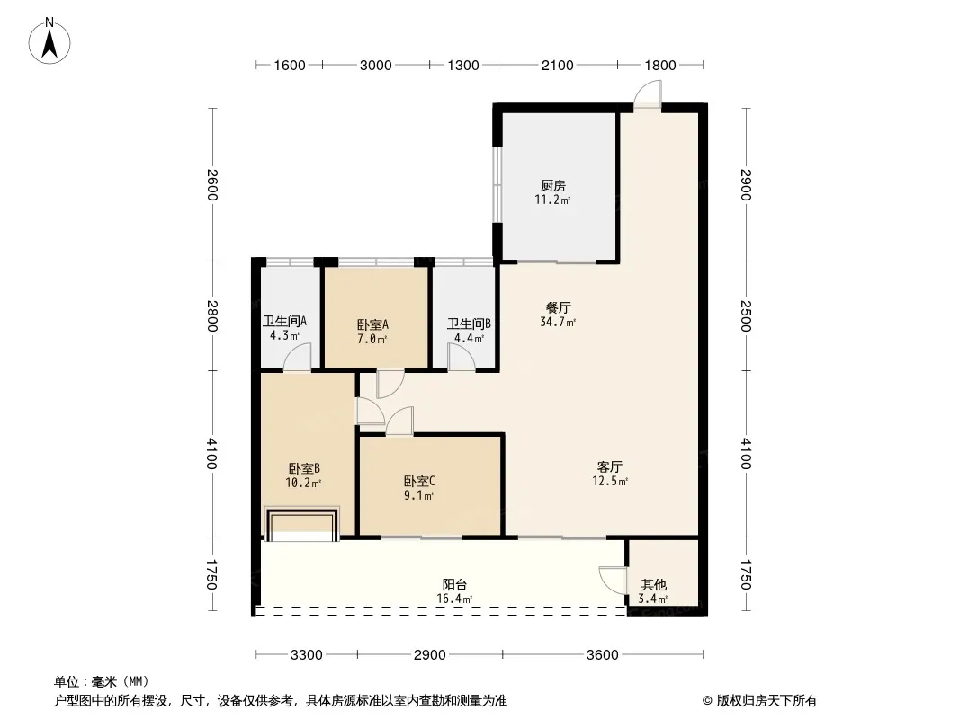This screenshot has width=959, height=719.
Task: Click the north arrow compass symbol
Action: click(x=49, y=41)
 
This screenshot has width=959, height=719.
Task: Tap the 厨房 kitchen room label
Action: click(x=553, y=185)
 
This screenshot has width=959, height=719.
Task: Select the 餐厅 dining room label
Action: click(x=558, y=307)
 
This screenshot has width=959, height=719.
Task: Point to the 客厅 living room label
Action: click(x=610, y=466)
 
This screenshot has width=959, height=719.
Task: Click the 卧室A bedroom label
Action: click(x=372, y=324)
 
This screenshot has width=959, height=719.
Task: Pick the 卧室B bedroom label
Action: click(x=304, y=468)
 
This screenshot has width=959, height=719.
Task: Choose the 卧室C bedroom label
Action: click(x=419, y=481)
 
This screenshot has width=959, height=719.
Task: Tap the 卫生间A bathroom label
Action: click(x=284, y=321)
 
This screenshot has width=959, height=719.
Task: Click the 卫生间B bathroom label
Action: click(x=469, y=324)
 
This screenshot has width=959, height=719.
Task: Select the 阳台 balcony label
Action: click(x=454, y=584)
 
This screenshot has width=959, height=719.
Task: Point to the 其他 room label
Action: click(x=653, y=584)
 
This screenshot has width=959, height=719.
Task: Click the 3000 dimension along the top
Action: click(x=375, y=66)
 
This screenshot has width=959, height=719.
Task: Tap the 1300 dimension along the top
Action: click(x=463, y=66)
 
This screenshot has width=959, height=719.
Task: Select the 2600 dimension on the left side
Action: click(x=212, y=184)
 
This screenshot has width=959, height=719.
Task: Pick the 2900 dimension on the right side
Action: click(x=746, y=184)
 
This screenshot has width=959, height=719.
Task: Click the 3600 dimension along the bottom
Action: click(x=603, y=655)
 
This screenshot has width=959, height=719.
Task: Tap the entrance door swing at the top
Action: click(x=647, y=95)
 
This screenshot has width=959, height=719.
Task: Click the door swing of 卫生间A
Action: click(x=297, y=357)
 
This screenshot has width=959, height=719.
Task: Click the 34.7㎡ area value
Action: click(x=558, y=322)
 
